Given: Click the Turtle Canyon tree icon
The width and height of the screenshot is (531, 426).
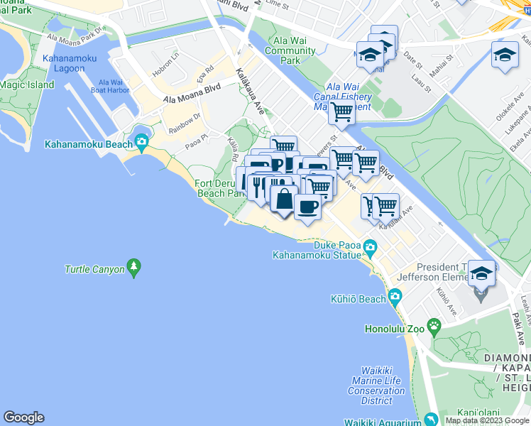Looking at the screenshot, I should coord(133,268).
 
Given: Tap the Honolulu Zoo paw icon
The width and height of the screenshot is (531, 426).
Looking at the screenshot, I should coord(434,327).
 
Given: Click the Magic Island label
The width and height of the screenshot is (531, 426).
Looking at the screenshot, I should coord(26,85).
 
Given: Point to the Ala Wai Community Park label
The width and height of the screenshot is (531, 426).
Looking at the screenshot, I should coord(290,51).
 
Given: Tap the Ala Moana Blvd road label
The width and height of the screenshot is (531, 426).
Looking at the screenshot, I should coord(192,94).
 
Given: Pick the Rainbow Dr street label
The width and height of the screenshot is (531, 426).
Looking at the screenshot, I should coord(185,122).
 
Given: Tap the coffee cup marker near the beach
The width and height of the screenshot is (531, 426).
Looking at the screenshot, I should coord(307,207).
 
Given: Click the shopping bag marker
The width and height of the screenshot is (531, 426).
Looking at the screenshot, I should coord(283,198).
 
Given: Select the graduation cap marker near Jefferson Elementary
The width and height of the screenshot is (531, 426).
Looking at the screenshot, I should coord(481,273).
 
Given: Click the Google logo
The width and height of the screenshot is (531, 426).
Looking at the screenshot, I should coord(23,417).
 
